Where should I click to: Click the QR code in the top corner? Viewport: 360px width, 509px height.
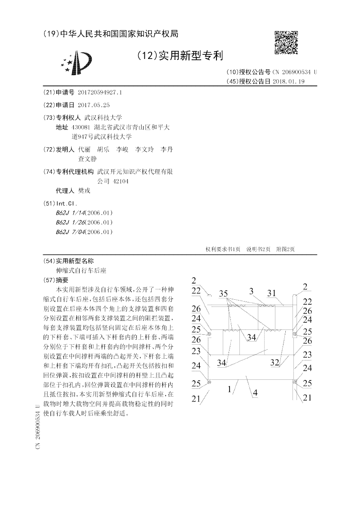click(286, 43)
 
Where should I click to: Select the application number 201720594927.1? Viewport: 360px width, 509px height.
click(99, 93)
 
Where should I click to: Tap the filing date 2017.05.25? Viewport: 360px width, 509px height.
click(94, 105)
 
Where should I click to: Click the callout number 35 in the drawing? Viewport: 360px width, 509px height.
click(224, 293)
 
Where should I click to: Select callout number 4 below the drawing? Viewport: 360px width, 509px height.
click(255, 392)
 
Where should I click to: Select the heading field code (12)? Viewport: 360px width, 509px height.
click(145, 56)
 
